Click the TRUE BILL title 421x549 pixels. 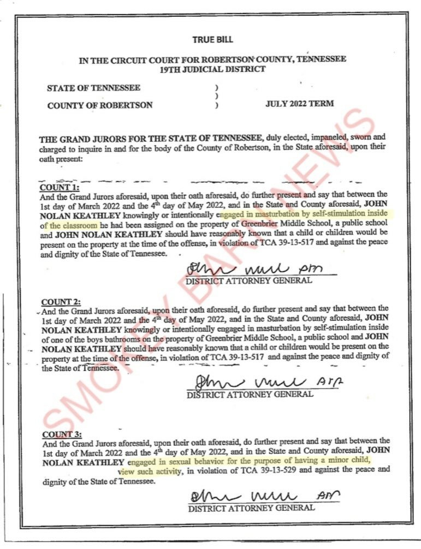click(212, 39)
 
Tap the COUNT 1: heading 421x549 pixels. click(61, 187)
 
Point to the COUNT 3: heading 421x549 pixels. click(62, 434)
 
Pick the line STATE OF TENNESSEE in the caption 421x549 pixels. click(93, 87)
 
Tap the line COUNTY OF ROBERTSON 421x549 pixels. click(100, 105)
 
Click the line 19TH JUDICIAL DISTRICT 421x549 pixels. click(212, 69)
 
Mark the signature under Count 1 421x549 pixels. click(253, 269)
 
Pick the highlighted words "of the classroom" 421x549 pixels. click(69, 225)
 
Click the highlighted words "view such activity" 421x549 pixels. click(149, 470)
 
